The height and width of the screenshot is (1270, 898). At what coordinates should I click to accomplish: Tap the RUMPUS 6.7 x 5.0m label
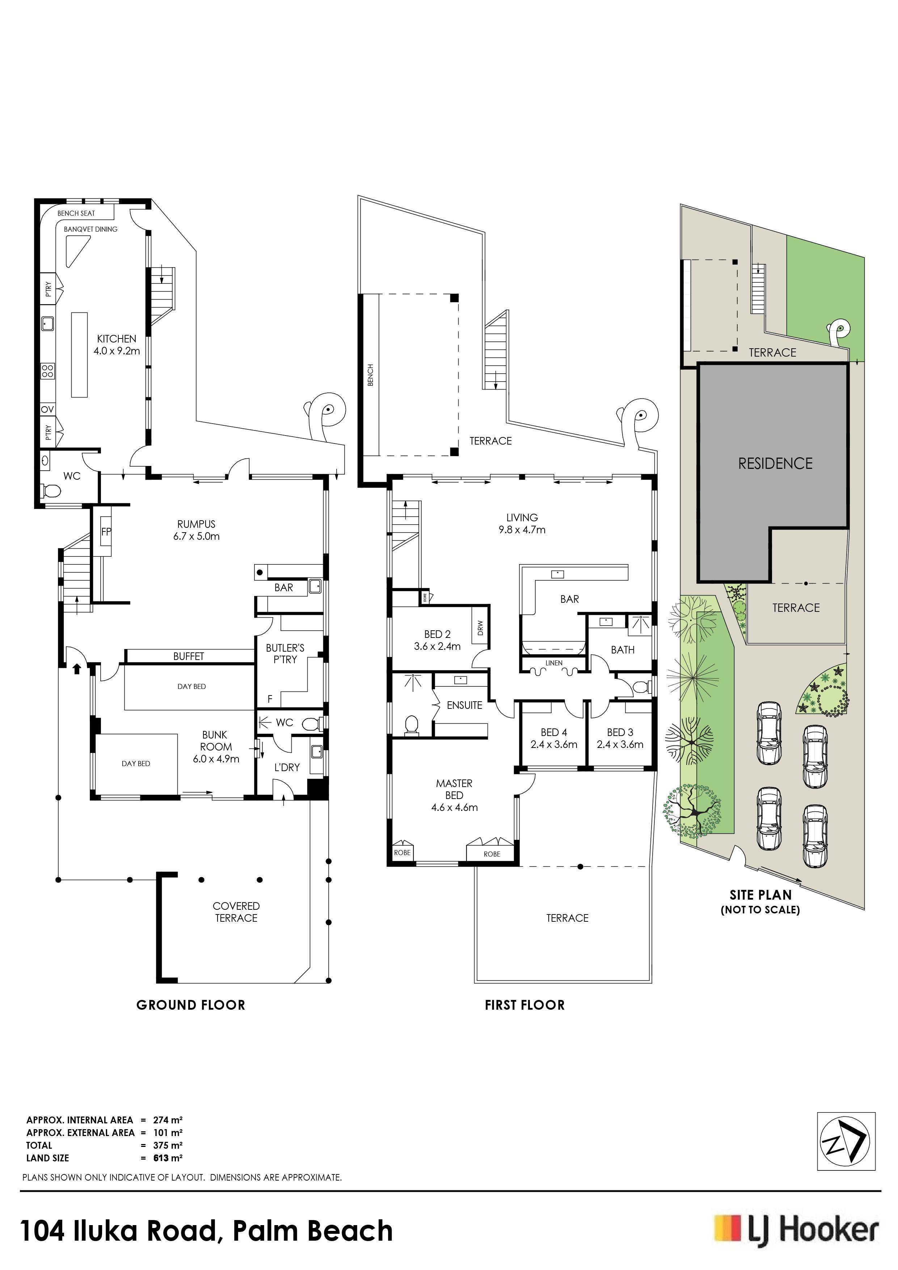point(196,530)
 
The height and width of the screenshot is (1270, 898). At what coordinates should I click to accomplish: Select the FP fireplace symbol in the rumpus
point(106,531)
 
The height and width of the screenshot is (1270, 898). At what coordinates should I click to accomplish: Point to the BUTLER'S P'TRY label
point(285,653)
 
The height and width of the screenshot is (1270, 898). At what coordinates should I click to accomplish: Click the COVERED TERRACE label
point(236,912)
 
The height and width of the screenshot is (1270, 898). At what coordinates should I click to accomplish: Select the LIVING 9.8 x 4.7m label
point(522,523)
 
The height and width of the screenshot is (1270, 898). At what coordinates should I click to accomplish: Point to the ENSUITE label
point(464,705)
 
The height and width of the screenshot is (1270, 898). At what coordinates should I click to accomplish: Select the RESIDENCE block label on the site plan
point(775,463)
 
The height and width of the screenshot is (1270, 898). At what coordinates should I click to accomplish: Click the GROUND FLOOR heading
point(191,1005)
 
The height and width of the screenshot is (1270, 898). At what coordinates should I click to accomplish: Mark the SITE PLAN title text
point(760,895)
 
